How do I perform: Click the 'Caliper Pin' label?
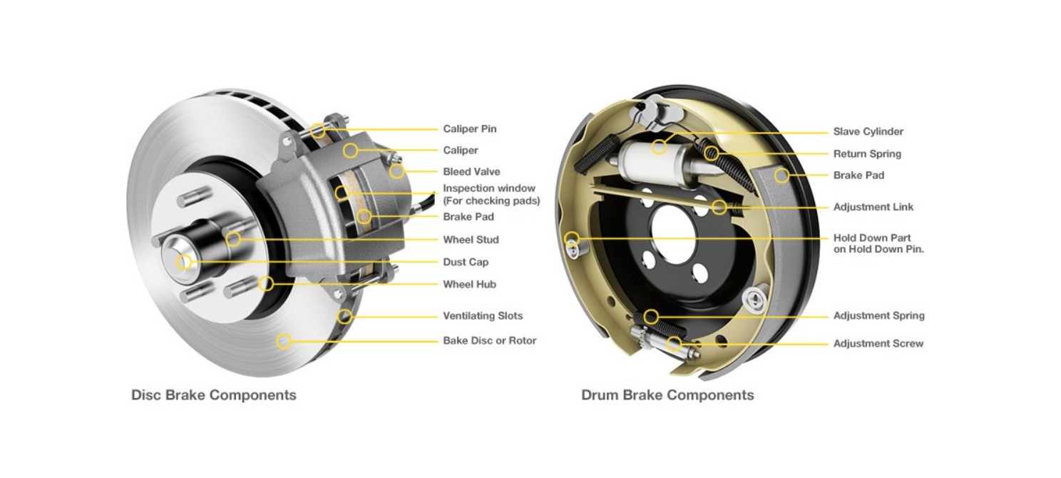(x=469, y=129)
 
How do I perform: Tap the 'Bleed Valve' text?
(x=471, y=171)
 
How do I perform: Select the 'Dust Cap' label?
(x=466, y=262)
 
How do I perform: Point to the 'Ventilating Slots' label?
(x=483, y=315)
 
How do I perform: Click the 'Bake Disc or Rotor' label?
(x=489, y=340)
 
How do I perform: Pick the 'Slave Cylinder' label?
(x=868, y=132)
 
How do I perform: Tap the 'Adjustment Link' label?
(x=873, y=207)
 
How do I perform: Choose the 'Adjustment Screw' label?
(x=878, y=343)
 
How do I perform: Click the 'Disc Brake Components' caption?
(x=214, y=395)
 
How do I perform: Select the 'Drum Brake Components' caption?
(x=667, y=395)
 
